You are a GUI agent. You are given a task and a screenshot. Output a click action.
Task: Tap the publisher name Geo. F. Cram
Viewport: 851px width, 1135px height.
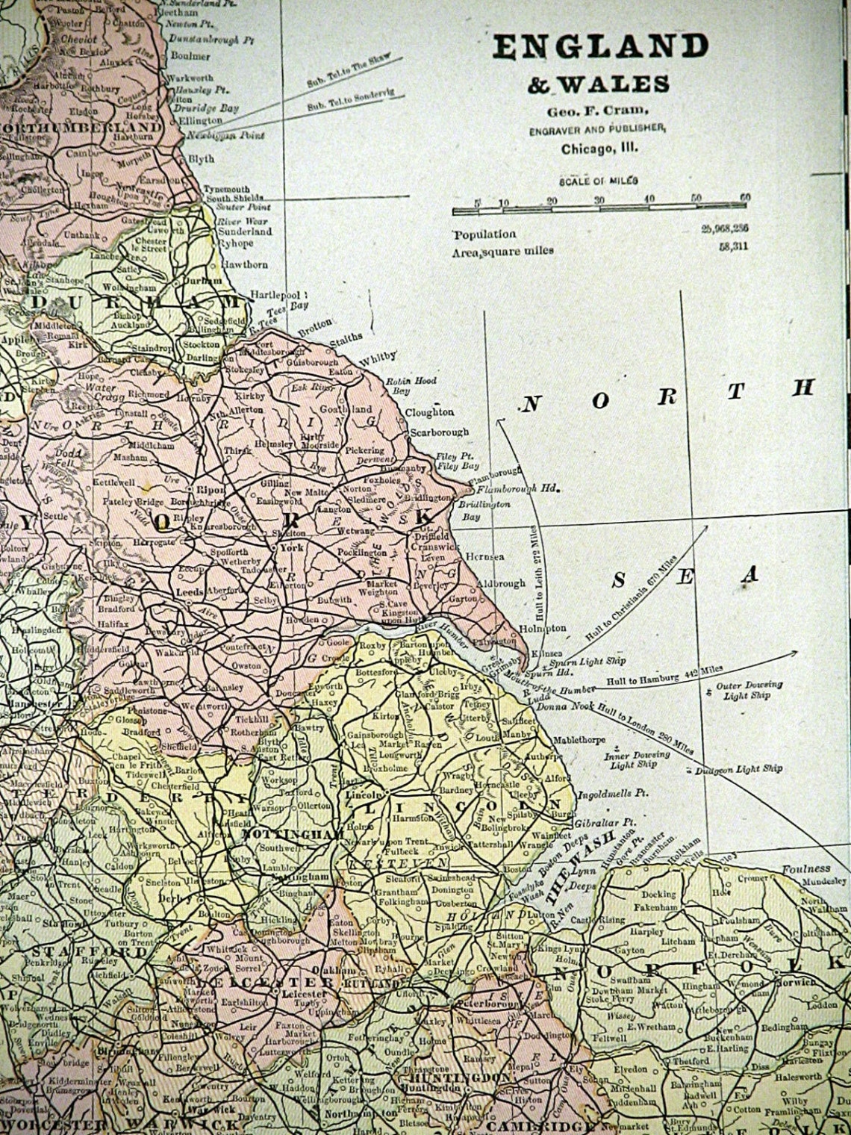[x=597, y=108]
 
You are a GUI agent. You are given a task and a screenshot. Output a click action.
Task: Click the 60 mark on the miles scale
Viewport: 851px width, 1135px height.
[x=743, y=197]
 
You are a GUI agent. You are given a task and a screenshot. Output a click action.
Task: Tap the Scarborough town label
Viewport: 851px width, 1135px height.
[x=440, y=432]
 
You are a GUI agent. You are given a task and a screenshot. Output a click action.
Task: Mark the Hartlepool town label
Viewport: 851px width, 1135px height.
[x=275, y=294]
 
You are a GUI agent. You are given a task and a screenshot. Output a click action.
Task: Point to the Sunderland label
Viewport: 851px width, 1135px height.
[x=244, y=231]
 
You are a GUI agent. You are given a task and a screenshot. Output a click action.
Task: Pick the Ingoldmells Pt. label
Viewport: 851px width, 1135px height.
[x=607, y=786]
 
